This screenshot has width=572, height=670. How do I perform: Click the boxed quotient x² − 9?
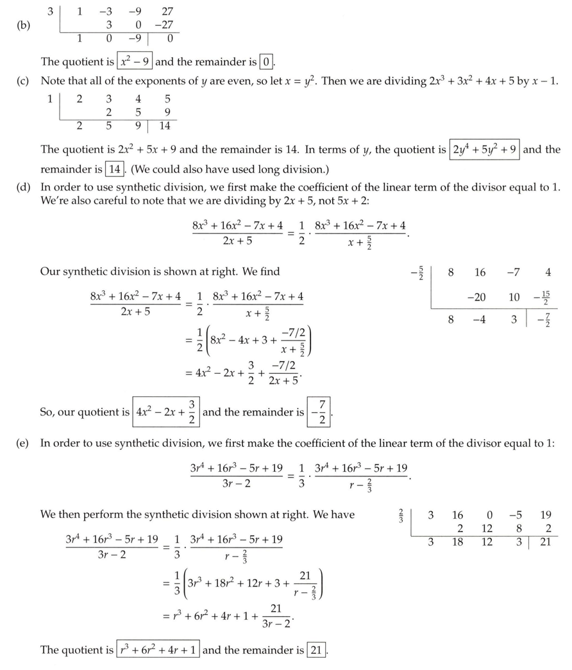[x=135, y=62]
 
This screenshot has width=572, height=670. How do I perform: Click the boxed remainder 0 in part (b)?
[x=265, y=62]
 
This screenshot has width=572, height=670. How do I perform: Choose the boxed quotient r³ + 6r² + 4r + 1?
[x=158, y=650]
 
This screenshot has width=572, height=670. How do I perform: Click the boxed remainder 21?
[x=315, y=650]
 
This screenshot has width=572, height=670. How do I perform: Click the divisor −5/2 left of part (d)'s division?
[x=416, y=273]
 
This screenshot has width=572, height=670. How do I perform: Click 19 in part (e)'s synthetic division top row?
[x=545, y=515]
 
